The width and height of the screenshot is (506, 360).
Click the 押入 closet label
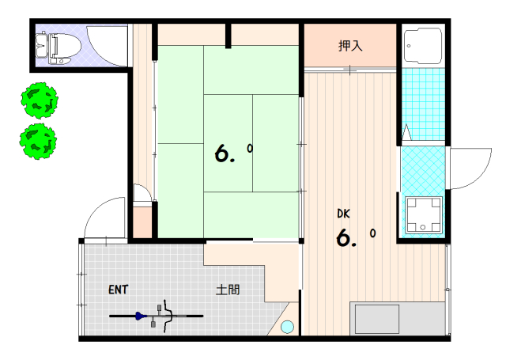coord(350,46)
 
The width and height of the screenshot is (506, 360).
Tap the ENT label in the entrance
coord(118,290)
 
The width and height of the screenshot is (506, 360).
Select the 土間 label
coord(228,290)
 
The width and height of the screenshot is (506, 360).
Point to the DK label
coord(343,214)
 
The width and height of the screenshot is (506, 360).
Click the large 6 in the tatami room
coord(223,153)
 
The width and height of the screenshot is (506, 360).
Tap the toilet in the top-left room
coord(58,48)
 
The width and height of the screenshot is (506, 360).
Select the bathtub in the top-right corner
coord(423,46)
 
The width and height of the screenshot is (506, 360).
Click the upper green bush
coord(40,100)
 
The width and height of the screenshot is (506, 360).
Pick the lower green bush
coord(38,142)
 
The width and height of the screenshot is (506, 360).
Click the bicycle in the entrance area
coord(157,316)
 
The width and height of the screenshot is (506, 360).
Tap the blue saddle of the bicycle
coord(140,316)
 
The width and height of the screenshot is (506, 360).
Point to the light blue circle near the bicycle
coord(287,327)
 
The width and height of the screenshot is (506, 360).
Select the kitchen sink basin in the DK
coord(377,319)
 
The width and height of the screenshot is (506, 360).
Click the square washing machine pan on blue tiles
coord(424,214)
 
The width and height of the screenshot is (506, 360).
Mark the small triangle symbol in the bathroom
coord(406,132)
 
